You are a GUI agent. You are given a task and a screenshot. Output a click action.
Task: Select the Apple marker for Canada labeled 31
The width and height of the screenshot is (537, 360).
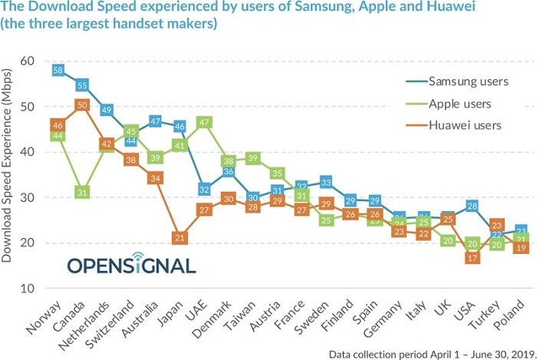tap(83, 193)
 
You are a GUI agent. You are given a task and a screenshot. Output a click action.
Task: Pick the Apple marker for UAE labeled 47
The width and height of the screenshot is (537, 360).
tap(204, 121)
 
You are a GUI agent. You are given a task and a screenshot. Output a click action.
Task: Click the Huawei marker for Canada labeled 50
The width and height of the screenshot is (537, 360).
tap(83, 105)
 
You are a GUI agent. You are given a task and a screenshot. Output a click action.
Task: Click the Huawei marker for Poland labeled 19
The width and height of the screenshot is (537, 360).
tap(521, 247)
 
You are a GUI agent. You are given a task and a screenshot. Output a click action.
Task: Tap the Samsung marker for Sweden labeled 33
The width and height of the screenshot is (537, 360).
tap(326, 183)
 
